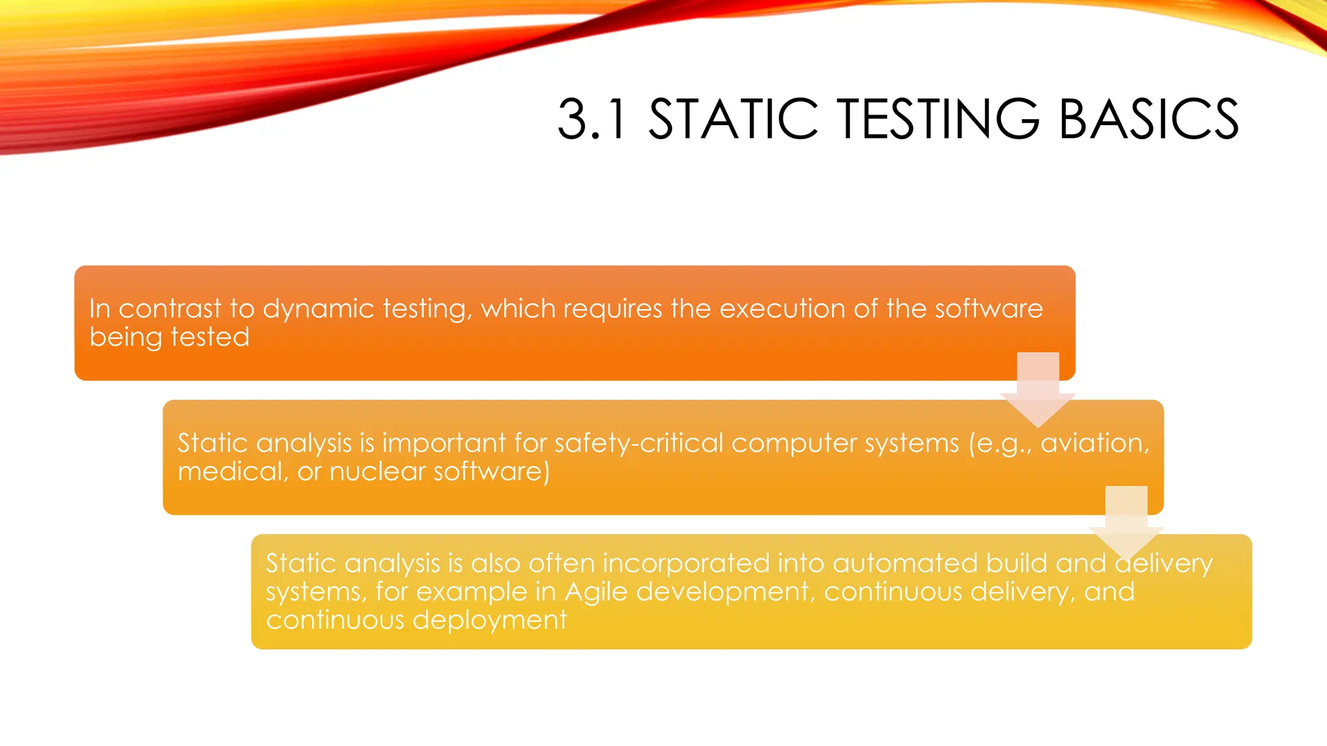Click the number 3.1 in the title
592,119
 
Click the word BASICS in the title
1149,119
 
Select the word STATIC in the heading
733,119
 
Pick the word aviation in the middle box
1094,444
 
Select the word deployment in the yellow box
489,620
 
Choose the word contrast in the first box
170,309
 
